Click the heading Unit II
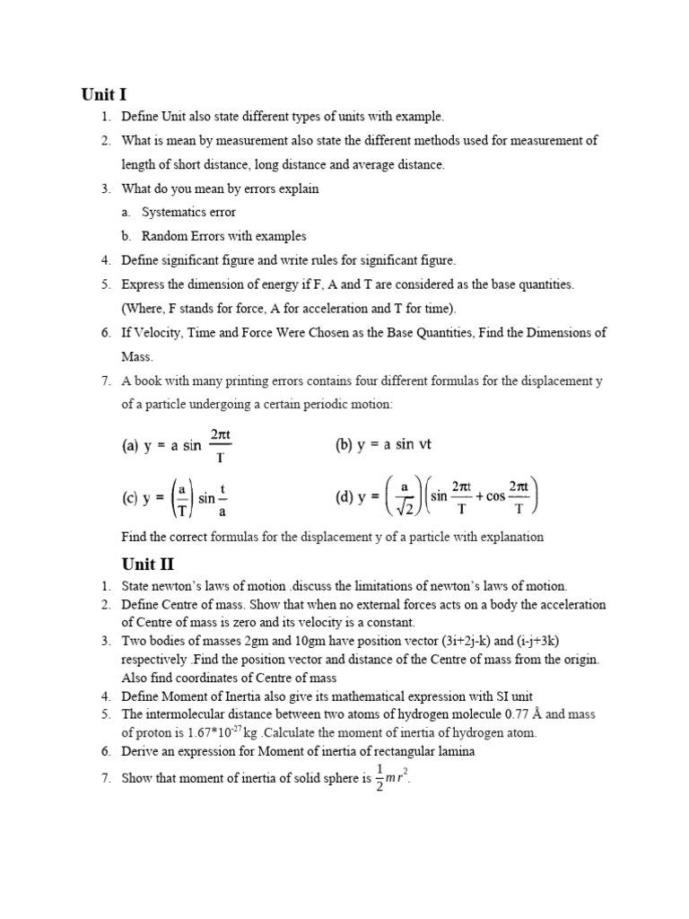click(147, 564)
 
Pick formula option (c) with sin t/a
click(176, 498)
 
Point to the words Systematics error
click(189, 213)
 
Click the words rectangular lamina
click(423, 751)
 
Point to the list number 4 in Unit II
click(105, 696)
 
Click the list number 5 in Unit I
click(105, 284)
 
